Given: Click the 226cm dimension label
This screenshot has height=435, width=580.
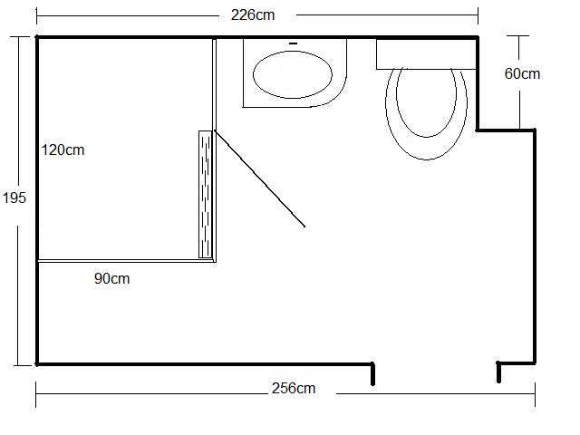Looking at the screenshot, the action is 253,15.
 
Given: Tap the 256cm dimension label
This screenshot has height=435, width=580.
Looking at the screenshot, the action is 294,389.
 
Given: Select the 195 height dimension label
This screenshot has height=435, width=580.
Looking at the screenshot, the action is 14,198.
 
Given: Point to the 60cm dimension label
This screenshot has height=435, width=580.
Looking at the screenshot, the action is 522,73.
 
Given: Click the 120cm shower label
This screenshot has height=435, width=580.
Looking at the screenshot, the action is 63,150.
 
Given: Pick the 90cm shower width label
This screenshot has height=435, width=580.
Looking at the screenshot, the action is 112,278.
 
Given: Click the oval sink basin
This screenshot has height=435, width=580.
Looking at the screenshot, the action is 293,74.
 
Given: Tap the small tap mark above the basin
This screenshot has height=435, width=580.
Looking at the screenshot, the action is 294,43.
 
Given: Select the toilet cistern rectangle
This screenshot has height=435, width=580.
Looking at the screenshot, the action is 426,54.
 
